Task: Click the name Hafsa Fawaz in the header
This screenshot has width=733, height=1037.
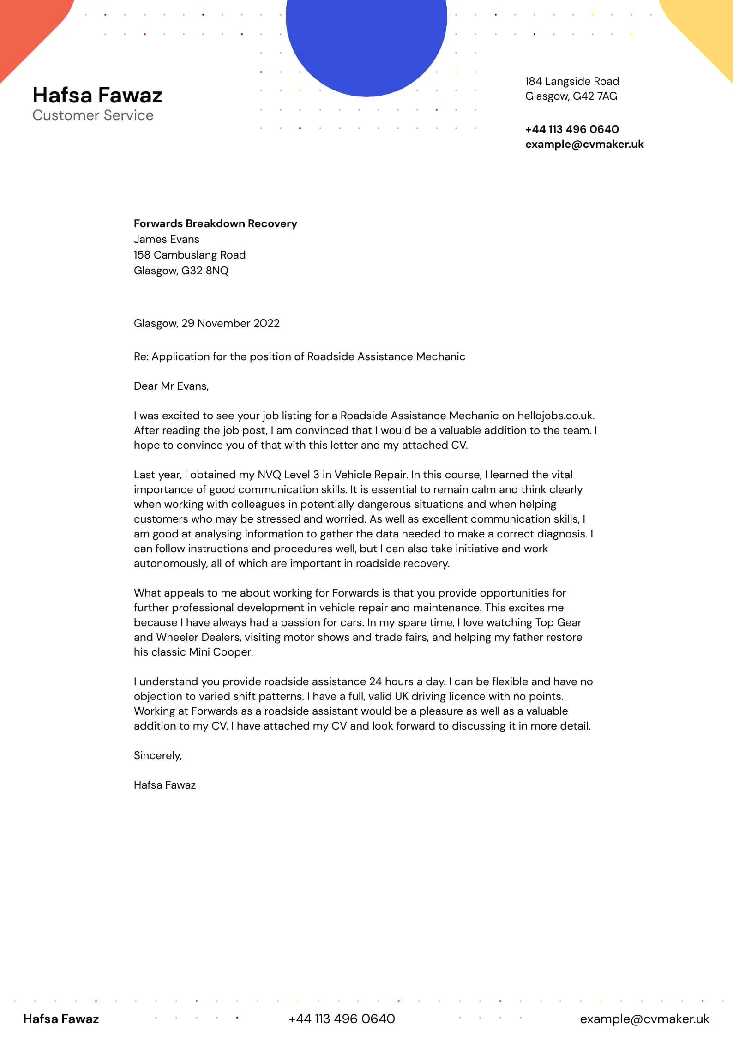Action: (97, 95)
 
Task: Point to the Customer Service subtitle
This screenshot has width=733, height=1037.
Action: (93, 115)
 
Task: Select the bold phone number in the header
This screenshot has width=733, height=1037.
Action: (572, 129)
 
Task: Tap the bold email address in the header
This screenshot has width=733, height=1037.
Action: (584, 144)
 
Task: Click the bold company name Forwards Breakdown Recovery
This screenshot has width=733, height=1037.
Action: (215, 223)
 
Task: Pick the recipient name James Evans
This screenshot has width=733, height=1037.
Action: (166, 239)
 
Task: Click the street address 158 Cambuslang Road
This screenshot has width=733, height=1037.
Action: (189, 255)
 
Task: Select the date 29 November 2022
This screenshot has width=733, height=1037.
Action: (230, 323)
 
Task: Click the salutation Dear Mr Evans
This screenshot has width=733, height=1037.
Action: (171, 386)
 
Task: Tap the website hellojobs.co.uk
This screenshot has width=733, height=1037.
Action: (555, 416)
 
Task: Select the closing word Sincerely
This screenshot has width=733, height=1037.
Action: (157, 755)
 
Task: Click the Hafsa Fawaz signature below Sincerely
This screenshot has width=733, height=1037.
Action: (164, 785)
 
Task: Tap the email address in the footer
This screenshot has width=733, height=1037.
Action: (644, 1019)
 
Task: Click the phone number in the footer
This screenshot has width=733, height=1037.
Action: (342, 1019)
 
